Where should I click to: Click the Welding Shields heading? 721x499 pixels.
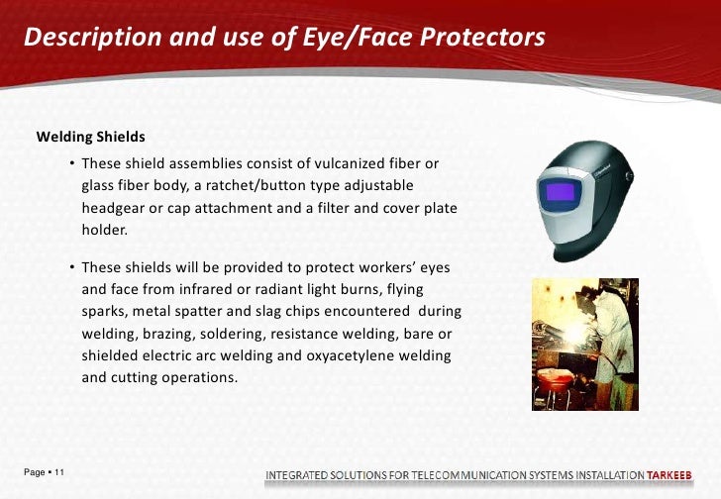click(90, 136)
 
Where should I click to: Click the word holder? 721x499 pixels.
click(104, 231)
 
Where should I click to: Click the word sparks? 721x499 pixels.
click(106, 311)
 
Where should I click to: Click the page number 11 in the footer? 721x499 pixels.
click(60, 472)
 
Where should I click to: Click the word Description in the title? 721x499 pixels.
click(82, 38)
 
